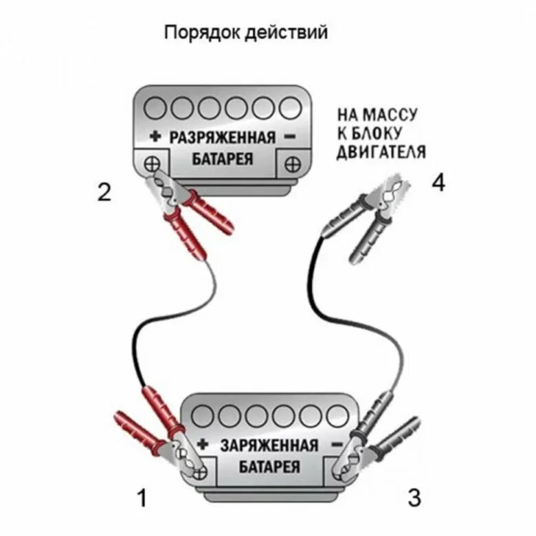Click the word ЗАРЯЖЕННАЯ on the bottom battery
click(269, 445)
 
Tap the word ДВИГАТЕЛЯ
click(381, 152)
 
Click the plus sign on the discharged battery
click(155, 137)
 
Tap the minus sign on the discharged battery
click(289, 136)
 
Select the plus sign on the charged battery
click(203, 443)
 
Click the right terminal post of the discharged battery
click(292, 164)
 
